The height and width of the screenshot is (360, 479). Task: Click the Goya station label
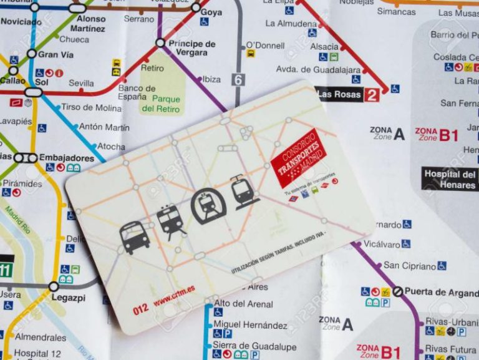211,12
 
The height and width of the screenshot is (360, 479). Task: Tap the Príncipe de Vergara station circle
160,43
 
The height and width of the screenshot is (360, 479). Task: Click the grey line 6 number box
237,79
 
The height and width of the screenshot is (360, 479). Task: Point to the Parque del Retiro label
161,104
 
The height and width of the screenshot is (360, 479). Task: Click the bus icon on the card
134,237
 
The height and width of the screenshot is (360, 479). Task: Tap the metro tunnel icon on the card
208,207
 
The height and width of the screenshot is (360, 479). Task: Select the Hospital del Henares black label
450,180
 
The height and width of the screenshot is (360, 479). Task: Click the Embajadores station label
66,158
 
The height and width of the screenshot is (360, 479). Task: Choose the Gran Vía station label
56,54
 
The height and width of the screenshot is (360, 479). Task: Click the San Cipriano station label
409,266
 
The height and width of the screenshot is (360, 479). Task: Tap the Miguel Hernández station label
250,325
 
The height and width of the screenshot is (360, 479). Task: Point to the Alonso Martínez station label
88,23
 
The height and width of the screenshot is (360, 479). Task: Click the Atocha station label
111,147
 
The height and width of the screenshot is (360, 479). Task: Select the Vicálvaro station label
381,244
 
